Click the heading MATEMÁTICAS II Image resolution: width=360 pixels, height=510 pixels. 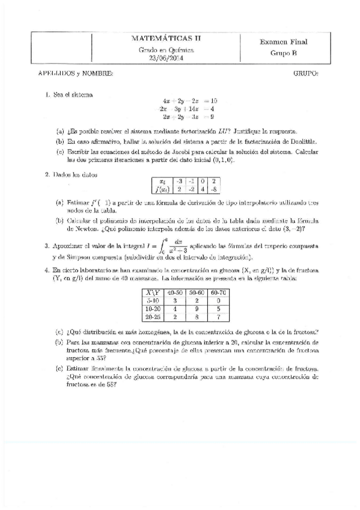(166, 38)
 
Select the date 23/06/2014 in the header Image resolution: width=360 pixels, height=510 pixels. (166, 58)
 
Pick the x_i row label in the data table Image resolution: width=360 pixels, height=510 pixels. (161, 181)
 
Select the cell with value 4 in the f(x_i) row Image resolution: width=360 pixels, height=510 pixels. (202, 189)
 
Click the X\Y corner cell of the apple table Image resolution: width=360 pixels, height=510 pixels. (148, 291)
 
